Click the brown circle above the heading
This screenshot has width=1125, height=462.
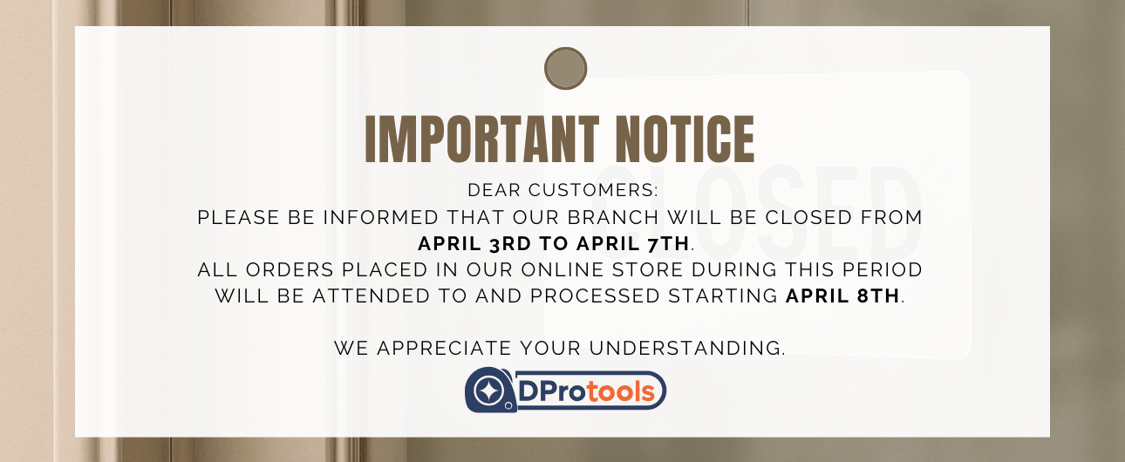(565, 68)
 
